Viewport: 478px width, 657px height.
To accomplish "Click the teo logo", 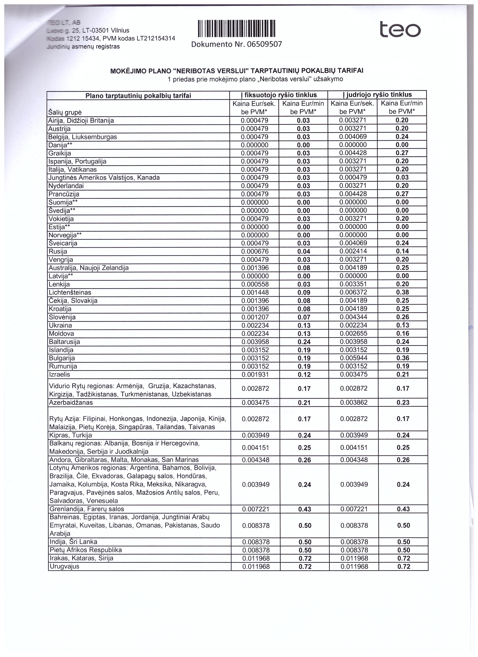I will (400, 30).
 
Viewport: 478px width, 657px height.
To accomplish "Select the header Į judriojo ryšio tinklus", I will (377, 95).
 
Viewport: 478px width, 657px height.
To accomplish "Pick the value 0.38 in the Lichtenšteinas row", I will (403, 292).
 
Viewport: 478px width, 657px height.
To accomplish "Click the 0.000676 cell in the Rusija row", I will (255, 251).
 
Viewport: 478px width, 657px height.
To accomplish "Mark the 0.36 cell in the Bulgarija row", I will (403, 358).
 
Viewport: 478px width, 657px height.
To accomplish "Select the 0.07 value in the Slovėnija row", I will (304, 317).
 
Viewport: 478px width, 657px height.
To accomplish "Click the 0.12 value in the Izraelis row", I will (304, 375).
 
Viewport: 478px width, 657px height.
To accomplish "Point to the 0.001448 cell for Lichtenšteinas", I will (255, 293).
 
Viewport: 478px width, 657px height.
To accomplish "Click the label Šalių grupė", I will (65, 112).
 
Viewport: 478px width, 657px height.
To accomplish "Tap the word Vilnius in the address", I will (120, 30).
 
